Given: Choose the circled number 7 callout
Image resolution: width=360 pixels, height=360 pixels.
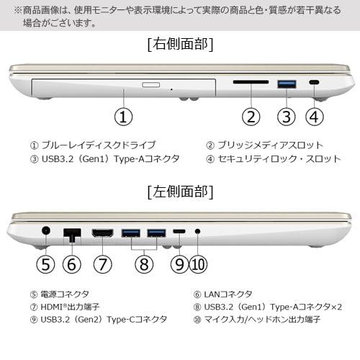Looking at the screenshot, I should tap(103, 264).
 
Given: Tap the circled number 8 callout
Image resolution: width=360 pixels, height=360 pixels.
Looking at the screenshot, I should tap(143, 264).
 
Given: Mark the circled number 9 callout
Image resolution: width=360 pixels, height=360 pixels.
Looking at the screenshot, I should tap(179, 264).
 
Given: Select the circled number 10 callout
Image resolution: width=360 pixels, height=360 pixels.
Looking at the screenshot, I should tap(198, 264).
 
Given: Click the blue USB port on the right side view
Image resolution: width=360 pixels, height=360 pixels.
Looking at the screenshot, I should tap(287, 84).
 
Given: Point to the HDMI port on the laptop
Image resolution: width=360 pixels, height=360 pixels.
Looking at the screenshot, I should tap(103, 233).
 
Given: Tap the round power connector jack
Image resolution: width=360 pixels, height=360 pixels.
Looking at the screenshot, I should tap(46, 233).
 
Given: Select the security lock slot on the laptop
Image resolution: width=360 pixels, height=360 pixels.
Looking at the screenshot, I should tap(314, 84).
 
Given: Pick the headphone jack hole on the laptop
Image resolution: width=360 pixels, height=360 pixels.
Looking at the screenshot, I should tap(197, 233).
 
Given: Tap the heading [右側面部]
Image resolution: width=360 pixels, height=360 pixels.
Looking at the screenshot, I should tap(179, 45).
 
